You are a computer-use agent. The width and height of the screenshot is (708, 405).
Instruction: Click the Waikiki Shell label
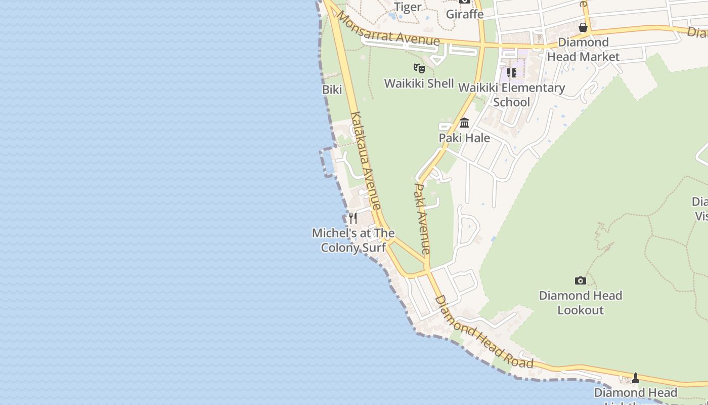pos(419,84)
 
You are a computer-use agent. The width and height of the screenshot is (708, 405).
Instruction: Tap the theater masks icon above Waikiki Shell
pos(419,68)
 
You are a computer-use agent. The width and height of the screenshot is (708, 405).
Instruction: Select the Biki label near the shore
pos(332,90)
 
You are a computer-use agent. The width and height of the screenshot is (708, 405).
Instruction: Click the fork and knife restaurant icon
pos(353,218)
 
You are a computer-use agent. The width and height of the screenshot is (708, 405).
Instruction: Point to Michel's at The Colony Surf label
pos(353,240)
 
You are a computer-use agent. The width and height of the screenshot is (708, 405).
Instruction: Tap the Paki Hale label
pos(464,138)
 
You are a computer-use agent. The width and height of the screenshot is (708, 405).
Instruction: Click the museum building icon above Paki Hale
pos(464,123)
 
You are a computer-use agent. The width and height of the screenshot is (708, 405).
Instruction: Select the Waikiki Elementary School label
pos(511,95)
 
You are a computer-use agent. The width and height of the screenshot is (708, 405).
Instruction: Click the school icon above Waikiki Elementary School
pos(511,73)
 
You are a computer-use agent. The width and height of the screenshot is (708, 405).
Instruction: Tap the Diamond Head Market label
pos(583,50)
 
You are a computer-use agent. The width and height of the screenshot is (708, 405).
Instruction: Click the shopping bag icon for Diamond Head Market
pos(583,27)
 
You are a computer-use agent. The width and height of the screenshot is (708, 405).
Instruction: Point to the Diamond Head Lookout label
pos(581,302)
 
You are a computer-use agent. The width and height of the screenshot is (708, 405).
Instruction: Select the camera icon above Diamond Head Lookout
pos(581,280)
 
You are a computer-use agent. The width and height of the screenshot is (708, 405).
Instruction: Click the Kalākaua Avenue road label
pos(366,160)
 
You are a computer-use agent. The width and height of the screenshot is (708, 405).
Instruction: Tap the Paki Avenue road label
pos(422,219)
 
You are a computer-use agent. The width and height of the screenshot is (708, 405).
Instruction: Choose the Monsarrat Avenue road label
pos(388,28)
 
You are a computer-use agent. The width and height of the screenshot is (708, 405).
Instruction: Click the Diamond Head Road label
pos(484,332)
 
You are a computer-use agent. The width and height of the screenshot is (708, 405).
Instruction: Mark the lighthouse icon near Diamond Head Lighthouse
pos(636,378)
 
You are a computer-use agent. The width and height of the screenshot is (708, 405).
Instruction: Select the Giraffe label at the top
pos(464,14)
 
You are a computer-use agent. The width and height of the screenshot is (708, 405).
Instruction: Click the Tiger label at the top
pos(408,7)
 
